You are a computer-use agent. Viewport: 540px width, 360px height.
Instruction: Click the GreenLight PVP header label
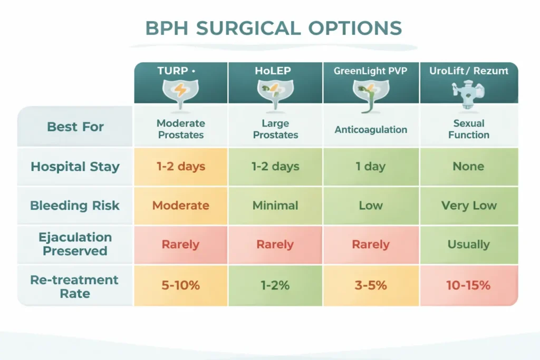(x=371, y=71)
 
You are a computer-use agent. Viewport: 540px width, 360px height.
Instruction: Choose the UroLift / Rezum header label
(x=468, y=71)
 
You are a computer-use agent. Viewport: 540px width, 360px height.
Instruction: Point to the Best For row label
(x=75, y=127)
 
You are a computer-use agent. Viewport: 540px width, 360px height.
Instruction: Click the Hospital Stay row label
(x=75, y=167)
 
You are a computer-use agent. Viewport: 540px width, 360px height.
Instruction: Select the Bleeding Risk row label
(x=75, y=206)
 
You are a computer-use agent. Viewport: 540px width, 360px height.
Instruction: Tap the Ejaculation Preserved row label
(x=75, y=244)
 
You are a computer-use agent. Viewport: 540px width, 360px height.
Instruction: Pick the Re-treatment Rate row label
(x=75, y=286)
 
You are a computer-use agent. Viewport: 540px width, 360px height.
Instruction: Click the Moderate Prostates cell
(x=180, y=129)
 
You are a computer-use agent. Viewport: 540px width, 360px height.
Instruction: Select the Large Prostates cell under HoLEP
(x=275, y=129)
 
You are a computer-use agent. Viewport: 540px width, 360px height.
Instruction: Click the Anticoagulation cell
(x=371, y=129)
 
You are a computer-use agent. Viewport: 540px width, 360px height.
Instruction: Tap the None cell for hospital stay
(x=468, y=167)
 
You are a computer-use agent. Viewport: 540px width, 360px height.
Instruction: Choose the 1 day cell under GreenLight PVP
(x=371, y=167)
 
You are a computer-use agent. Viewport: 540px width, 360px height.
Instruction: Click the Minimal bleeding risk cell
(x=275, y=206)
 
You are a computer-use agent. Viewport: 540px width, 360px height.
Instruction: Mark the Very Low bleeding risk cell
(x=468, y=206)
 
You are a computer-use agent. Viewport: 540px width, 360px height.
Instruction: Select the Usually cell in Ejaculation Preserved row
(x=468, y=245)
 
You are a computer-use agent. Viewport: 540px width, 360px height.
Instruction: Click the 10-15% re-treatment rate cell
(x=468, y=286)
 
